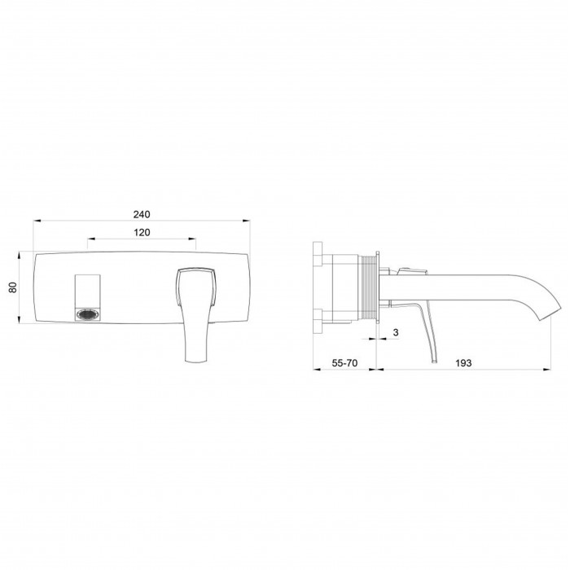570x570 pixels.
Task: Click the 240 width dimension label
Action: pos(142,214)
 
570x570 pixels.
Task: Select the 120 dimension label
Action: pos(142,232)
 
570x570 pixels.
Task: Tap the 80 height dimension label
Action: pos(13,287)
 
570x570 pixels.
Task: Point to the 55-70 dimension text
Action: pos(344,363)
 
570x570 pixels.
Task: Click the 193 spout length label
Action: pos(463,363)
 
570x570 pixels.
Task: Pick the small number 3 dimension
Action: pos(396,332)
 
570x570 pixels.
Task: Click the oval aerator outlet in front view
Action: pos(87,314)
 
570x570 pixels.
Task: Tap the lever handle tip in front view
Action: pos(196,360)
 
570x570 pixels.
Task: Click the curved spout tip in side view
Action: pos(545,313)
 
